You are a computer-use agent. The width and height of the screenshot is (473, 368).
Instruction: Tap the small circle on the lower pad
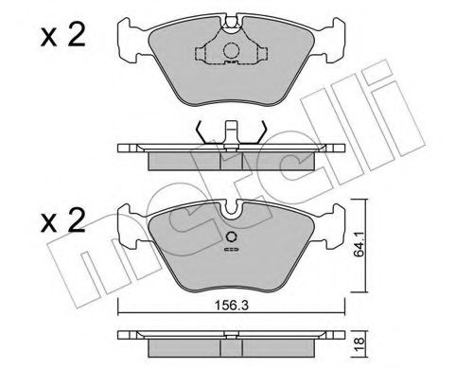click(x=230, y=237)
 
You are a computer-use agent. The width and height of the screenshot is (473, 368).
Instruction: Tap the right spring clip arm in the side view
click(x=261, y=131)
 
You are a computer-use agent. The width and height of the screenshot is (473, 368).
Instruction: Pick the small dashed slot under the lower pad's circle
click(x=230, y=251)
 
